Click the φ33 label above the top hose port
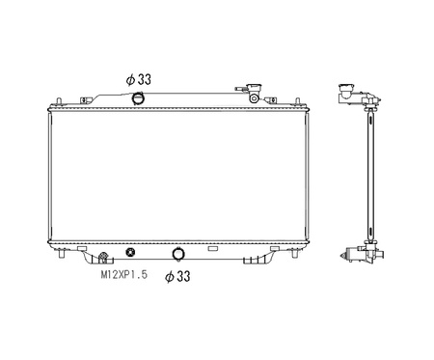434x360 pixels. pos(139,79)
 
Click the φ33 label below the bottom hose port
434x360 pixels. pos(177,276)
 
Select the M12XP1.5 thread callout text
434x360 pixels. pos(124,274)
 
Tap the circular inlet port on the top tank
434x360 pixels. pos(138,98)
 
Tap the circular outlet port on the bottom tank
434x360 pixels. pos(178,254)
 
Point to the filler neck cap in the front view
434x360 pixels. pos(254,88)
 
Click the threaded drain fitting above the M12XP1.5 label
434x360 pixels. pos(103,257)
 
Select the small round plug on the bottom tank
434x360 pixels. pos(130,252)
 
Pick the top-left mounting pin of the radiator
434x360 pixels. pos(58,101)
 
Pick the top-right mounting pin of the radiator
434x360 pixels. pos(297,101)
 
